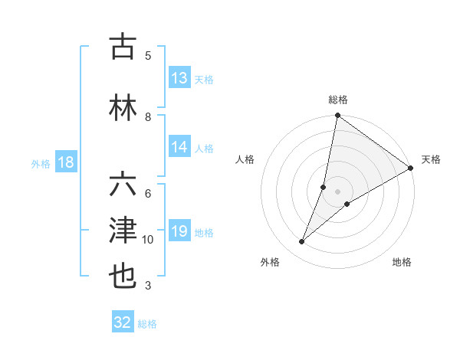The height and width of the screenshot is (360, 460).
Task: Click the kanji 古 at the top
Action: click(123, 47)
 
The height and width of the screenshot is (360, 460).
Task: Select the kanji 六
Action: click(123, 185)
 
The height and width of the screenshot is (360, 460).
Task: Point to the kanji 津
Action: click(123, 230)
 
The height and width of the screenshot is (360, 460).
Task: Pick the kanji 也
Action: click(123, 275)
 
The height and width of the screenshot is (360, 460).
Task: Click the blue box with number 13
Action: click(179, 78)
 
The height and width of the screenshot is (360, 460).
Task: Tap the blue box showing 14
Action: click(179, 148)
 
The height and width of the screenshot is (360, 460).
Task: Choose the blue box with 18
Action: click(65, 162)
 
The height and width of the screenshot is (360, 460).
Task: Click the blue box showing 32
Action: click(123, 322)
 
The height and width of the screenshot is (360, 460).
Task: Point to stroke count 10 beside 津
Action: click(148, 240)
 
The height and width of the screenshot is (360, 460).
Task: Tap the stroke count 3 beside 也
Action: click(148, 286)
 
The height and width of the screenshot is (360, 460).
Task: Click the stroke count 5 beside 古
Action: click(148, 55)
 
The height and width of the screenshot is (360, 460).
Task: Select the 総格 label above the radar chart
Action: click(338, 100)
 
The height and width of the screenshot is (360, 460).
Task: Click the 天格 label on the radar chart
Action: click(431, 159)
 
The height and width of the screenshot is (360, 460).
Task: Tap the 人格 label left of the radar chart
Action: click(245, 159)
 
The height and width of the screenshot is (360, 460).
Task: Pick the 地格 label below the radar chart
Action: click(402, 262)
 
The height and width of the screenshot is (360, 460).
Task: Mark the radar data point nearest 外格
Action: click(301, 242)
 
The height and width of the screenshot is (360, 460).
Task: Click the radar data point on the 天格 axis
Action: click(411, 168)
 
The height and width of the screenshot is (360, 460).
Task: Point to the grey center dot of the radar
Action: click(337, 191)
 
